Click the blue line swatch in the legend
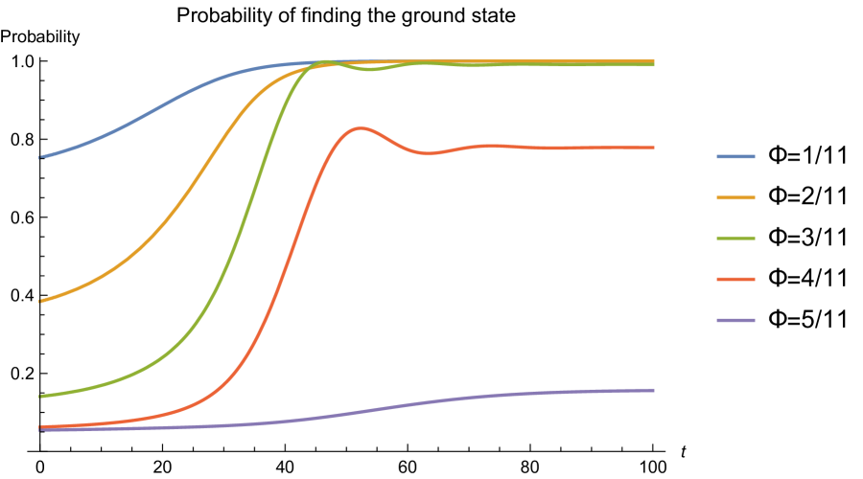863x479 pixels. point(735,156)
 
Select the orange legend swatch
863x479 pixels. point(735,197)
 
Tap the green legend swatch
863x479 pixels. point(735,239)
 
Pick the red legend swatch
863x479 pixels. point(735,280)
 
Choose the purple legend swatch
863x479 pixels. point(735,320)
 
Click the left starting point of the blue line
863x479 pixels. point(40,157)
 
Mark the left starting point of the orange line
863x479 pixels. point(40,301)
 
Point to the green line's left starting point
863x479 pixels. point(40,396)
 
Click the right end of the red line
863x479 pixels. point(654,148)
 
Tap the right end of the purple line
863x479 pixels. point(654,390)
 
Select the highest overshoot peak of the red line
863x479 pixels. point(360,127)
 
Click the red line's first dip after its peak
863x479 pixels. point(428,153)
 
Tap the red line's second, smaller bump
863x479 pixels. point(489,146)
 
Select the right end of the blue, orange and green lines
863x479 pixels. point(654,63)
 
